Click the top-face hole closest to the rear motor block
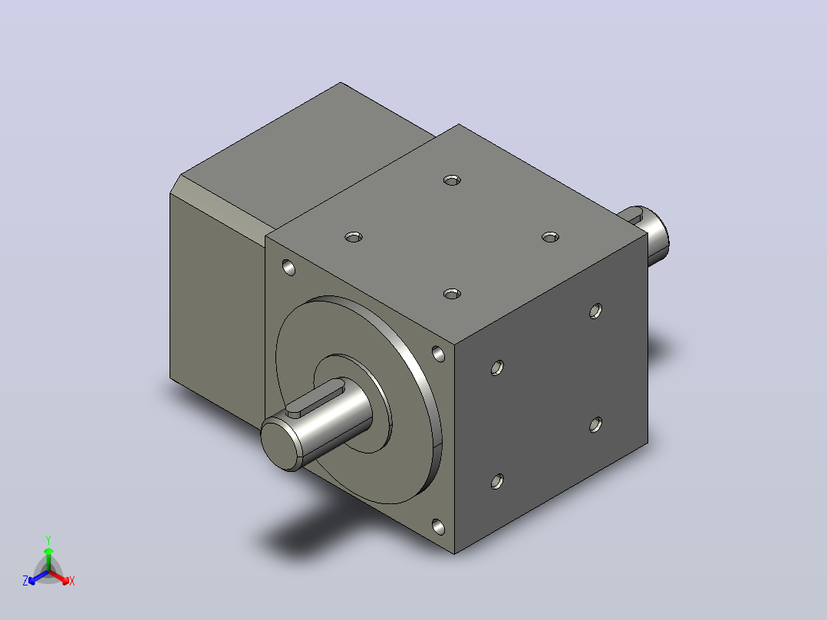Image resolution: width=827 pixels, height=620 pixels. [x=452, y=180]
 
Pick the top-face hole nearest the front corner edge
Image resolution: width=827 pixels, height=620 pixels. [x=452, y=294]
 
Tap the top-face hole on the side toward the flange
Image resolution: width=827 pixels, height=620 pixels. [x=354, y=237]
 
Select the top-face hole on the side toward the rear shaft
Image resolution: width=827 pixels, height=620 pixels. [x=550, y=237]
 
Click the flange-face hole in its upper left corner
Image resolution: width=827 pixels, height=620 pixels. [x=289, y=268]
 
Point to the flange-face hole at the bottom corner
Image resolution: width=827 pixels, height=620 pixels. [x=438, y=526]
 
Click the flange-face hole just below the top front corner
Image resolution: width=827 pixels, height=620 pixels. [x=438, y=354]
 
